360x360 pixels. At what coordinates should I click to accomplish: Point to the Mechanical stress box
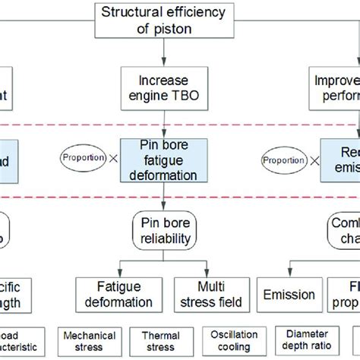(x=89, y=342)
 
